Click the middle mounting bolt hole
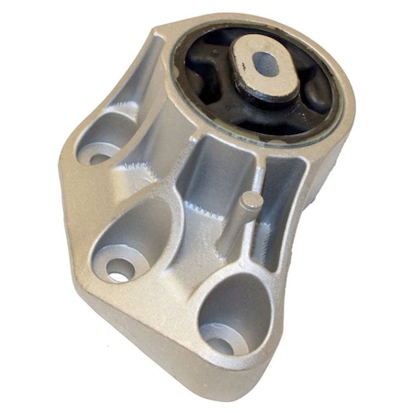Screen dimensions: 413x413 (119, 269)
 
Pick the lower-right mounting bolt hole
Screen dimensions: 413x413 (218, 344)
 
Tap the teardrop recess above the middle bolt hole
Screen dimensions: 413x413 (142, 229)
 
